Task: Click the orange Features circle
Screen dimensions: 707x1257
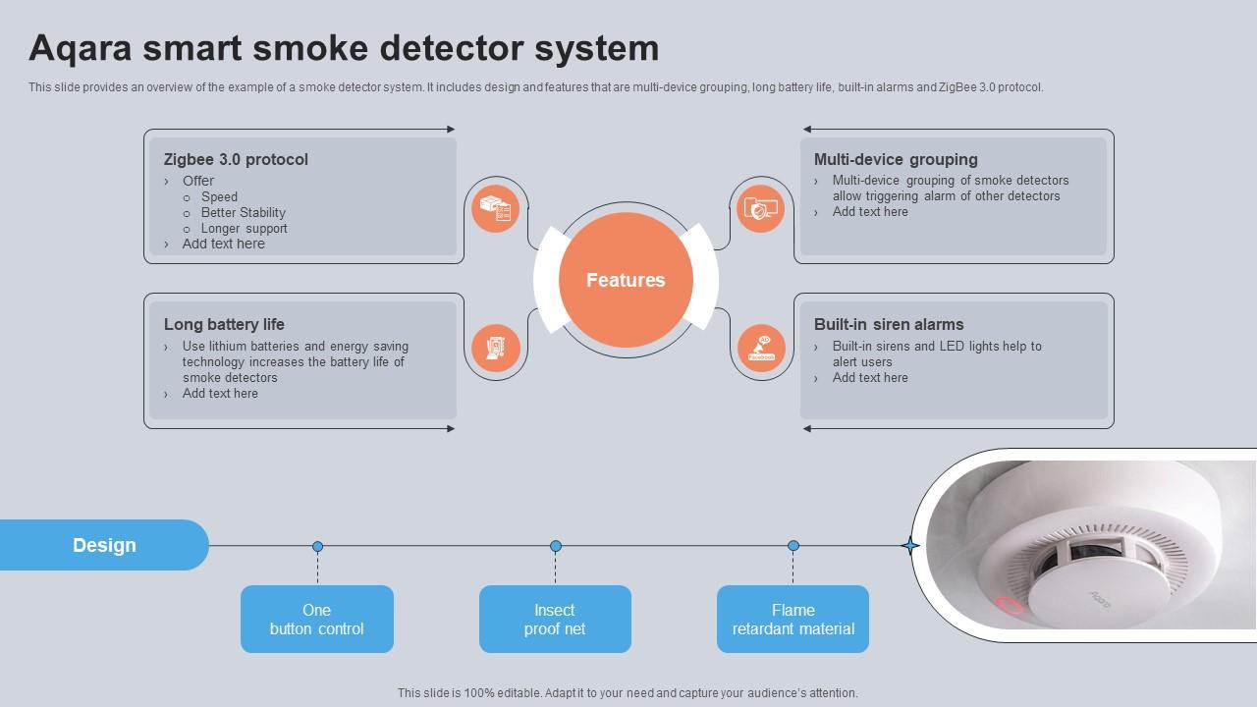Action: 626,280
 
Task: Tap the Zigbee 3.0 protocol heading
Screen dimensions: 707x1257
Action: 236,159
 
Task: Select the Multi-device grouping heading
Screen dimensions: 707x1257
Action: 895,159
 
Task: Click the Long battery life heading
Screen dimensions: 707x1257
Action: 224,324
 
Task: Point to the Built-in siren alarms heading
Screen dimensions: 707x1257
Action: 888,324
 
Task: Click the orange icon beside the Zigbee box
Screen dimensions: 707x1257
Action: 495,208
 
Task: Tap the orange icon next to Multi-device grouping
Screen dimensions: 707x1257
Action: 760,208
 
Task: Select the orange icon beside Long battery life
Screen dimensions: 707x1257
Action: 495,348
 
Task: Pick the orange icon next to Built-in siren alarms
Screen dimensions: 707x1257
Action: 761,349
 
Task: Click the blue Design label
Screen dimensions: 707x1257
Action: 104,545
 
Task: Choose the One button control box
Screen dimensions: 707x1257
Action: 316,619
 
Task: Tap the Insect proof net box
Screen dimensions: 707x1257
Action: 555,619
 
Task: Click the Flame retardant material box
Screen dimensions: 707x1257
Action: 792,619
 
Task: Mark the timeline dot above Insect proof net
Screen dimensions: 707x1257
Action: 556,546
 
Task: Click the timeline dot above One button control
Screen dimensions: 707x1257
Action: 317,546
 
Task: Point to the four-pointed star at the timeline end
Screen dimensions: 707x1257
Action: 910,546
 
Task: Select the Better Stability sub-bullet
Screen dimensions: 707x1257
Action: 243,212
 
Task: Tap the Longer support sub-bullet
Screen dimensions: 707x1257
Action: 244,228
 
